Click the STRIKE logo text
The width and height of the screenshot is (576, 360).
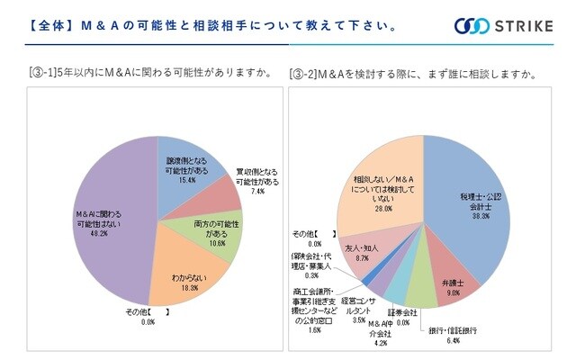[524, 25]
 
